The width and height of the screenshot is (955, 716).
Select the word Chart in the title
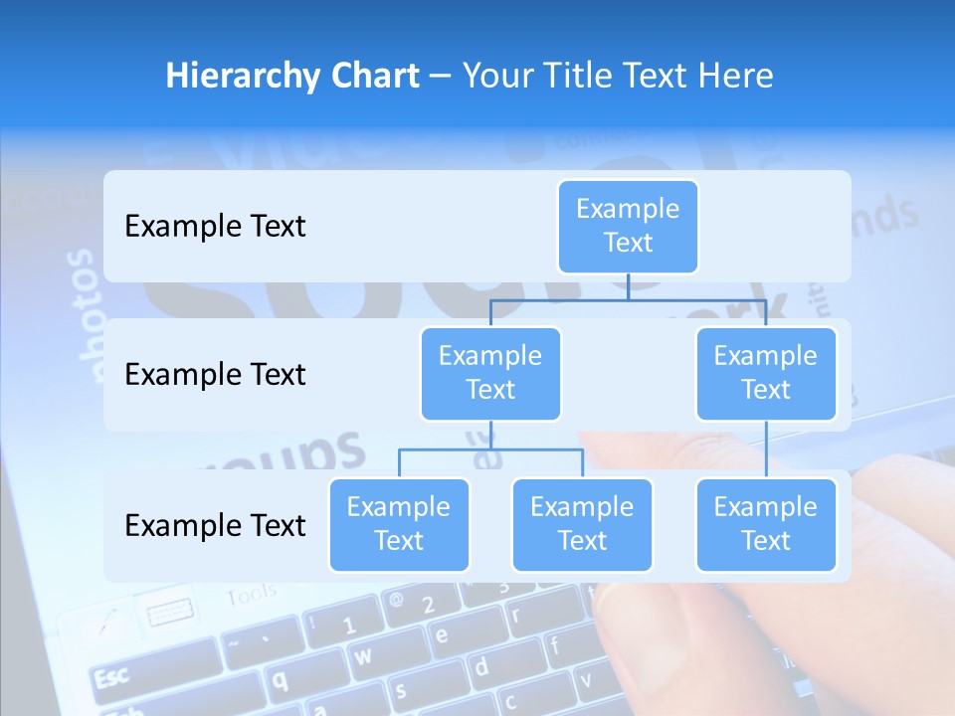[373, 77]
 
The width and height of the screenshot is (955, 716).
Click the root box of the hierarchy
[628, 226]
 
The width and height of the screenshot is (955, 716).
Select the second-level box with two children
[490, 373]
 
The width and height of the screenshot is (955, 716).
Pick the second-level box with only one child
[766, 373]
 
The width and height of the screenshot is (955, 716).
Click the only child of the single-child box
[766, 524]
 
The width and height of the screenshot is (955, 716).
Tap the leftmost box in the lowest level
[399, 524]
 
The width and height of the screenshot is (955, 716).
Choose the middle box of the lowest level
[582, 524]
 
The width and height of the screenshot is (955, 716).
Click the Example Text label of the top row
[215, 227]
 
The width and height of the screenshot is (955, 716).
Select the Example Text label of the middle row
[215, 375]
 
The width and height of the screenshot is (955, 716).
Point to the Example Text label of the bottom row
[215, 525]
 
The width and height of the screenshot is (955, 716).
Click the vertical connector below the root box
[628, 286]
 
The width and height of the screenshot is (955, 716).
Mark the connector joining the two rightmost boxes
[766, 449]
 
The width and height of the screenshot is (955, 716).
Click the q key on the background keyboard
[281, 679]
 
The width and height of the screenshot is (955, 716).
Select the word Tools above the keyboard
[251, 596]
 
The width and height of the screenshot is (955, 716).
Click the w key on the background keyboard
[364, 655]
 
